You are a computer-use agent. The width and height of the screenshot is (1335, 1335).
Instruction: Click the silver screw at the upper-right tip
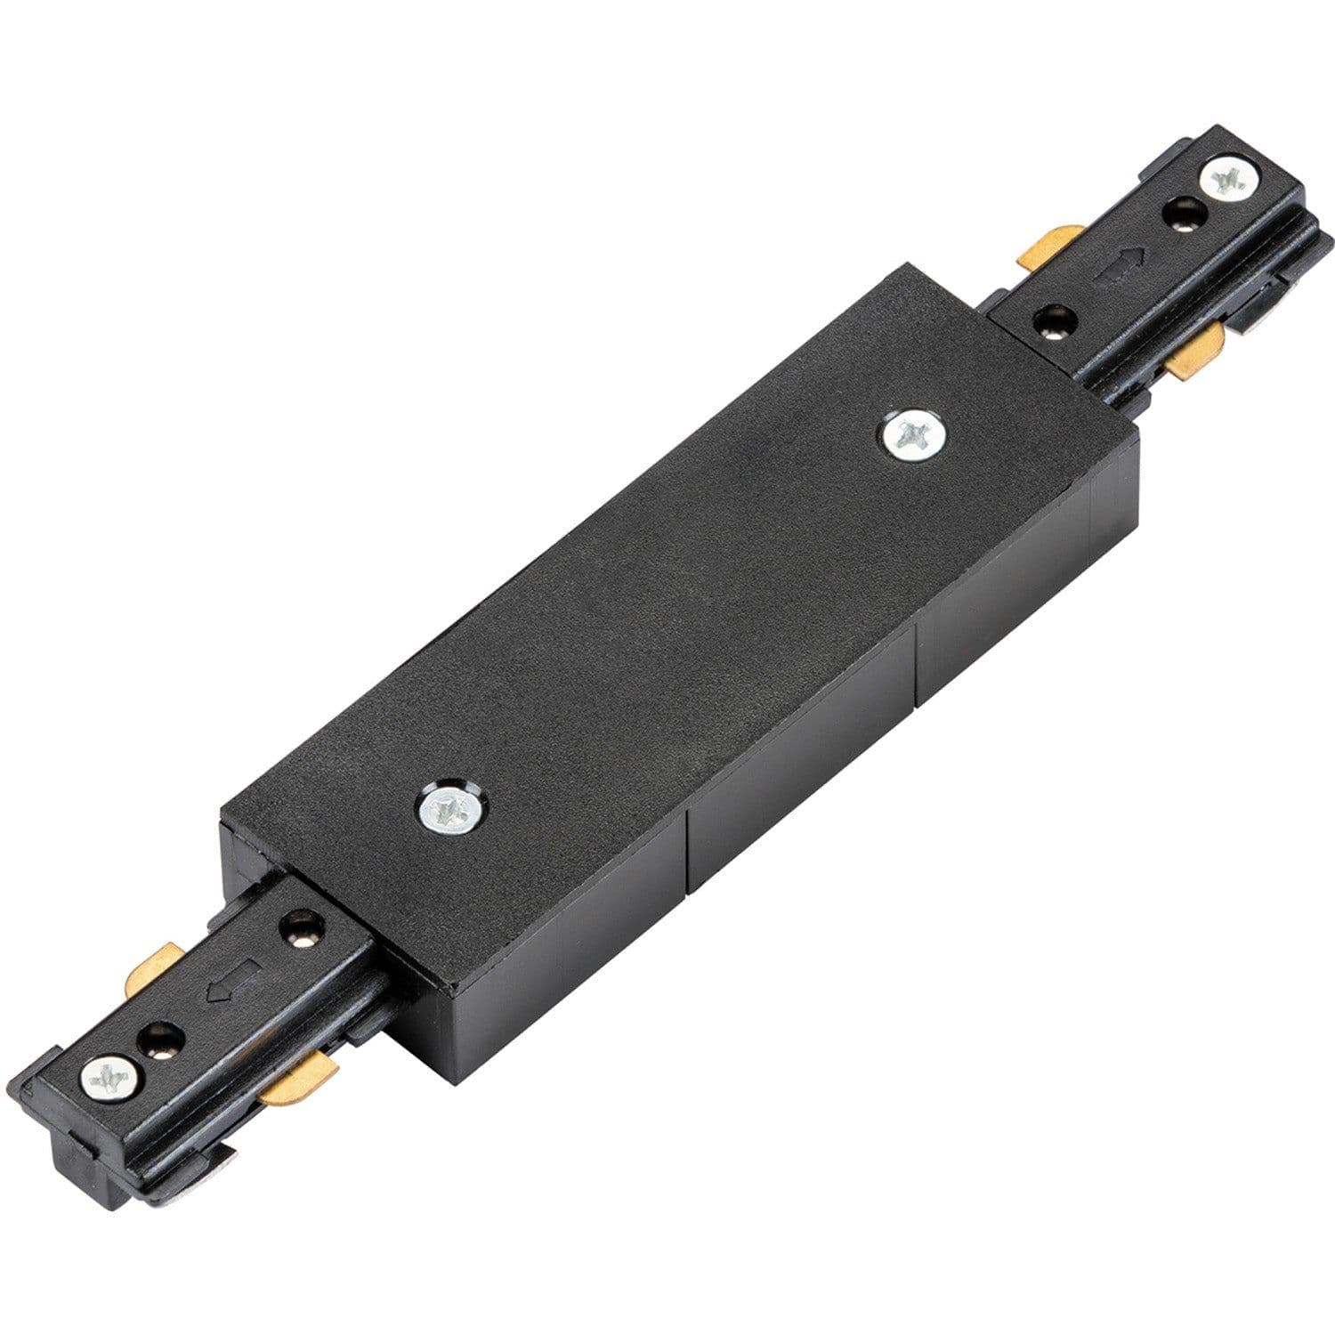(x=1230, y=181)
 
